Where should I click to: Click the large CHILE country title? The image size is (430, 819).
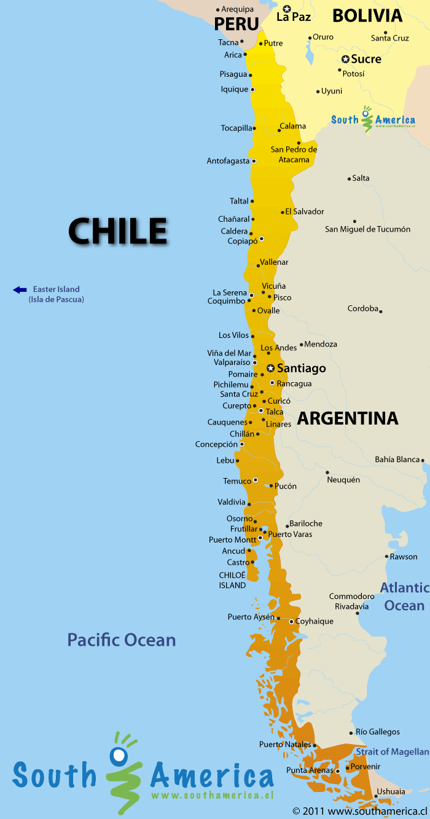pos(117,231)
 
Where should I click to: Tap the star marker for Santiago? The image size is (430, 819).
pos(270,368)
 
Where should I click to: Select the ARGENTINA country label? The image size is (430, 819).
pos(348,418)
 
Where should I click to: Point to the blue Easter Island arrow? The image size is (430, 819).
pos(20,289)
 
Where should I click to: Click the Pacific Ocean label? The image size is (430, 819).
pos(122,640)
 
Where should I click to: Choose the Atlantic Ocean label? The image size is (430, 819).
pos(404,597)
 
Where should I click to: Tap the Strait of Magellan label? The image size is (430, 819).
pos(392,751)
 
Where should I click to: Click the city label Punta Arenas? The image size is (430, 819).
pos(310,770)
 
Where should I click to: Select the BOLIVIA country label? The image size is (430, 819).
pos(367,15)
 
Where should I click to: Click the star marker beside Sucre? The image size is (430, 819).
pos(345,59)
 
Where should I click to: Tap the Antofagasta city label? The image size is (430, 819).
pos(228,161)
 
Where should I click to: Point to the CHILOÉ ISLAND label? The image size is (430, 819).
pos(232,580)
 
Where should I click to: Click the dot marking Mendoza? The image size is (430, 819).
pos(302,345)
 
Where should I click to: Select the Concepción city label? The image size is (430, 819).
pos(216,444)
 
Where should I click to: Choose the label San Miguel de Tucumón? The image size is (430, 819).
pos(367,229)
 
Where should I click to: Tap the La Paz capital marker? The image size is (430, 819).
pos(286,9)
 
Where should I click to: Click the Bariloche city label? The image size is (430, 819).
pos(305,523)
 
